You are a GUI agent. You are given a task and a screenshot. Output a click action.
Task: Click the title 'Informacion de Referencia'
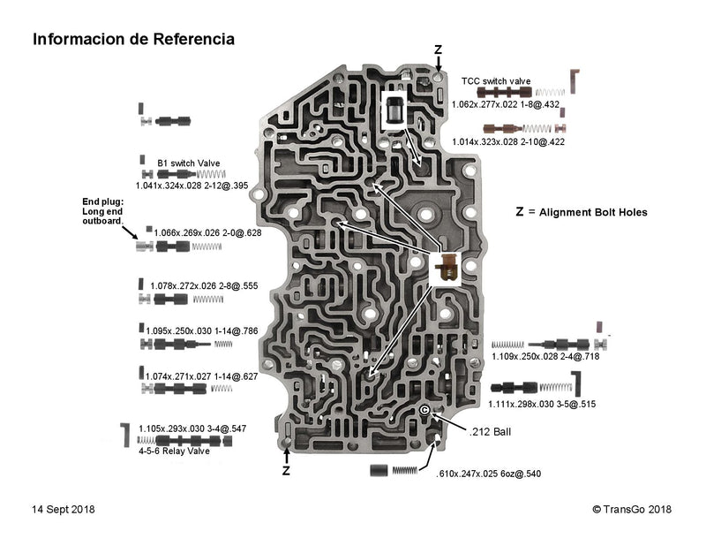(x=133, y=40)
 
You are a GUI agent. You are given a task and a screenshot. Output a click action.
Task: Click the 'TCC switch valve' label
(x=496, y=81)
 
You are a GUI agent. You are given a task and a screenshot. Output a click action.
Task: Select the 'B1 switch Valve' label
(x=189, y=163)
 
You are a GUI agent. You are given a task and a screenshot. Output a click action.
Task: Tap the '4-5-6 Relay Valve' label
(x=174, y=451)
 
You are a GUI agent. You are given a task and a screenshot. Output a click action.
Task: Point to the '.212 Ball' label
(x=491, y=431)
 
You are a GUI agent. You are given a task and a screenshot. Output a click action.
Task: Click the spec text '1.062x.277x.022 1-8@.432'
(x=506, y=104)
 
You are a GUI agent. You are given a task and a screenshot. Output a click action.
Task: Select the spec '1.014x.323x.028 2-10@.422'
(x=508, y=141)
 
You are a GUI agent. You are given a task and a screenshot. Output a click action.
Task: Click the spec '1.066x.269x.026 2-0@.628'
(x=207, y=233)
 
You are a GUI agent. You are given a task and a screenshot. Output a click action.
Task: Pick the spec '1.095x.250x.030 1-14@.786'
(x=202, y=331)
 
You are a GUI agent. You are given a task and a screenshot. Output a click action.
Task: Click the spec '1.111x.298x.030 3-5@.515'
(x=543, y=404)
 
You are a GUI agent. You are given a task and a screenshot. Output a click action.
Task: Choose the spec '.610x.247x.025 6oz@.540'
(x=488, y=474)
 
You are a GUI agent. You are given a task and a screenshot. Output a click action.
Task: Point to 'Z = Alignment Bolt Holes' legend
(x=582, y=212)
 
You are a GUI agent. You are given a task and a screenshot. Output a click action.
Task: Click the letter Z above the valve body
(x=439, y=49)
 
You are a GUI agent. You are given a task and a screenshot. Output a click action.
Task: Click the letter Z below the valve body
(x=286, y=471)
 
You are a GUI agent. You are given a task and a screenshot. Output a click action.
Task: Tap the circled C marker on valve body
(x=424, y=411)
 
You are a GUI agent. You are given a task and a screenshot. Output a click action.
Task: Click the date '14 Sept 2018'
(x=64, y=509)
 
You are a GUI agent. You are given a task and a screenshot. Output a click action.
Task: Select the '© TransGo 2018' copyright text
(x=632, y=509)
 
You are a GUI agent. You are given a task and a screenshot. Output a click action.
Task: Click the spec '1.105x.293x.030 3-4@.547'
(x=192, y=428)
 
